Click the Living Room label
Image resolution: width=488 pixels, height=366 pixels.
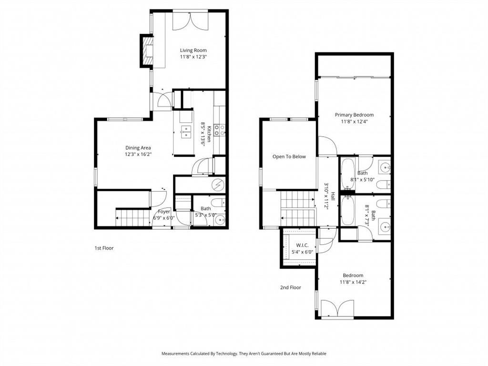coord(193,50)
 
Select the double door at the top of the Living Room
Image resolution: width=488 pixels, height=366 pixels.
coord(190,20)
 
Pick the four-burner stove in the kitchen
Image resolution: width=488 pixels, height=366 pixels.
coord(219,130)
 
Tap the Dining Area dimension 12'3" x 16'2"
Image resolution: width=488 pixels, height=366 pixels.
coord(138,154)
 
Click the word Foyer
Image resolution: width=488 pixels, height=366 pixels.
coord(164,211)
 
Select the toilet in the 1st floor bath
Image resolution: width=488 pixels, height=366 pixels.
coord(219,204)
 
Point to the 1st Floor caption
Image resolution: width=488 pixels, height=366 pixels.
coord(103,248)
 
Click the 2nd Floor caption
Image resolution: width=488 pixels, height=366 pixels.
coord(290,287)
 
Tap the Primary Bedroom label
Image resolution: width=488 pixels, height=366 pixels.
coord(354,115)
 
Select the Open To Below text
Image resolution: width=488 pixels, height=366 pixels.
coord(289,156)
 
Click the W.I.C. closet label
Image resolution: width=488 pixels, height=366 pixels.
coord(302,245)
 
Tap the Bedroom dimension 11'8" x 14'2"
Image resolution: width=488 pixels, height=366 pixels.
coord(353,282)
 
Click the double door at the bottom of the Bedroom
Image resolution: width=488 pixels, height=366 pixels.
coord(337,308)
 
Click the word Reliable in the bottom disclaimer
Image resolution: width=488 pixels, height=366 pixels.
coord(318,354)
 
